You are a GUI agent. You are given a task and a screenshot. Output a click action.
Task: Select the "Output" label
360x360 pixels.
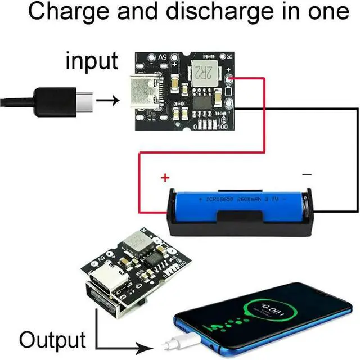(x=52, y=340)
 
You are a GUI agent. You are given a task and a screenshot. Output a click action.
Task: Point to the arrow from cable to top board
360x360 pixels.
(x=109, y=101)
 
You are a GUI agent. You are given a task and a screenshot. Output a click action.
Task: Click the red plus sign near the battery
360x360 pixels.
(x=165, y=178)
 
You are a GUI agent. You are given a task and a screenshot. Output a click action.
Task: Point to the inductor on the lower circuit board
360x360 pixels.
(x=138, y=242)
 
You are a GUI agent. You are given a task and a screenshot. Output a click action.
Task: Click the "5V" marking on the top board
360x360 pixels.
(x=161, y=58)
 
